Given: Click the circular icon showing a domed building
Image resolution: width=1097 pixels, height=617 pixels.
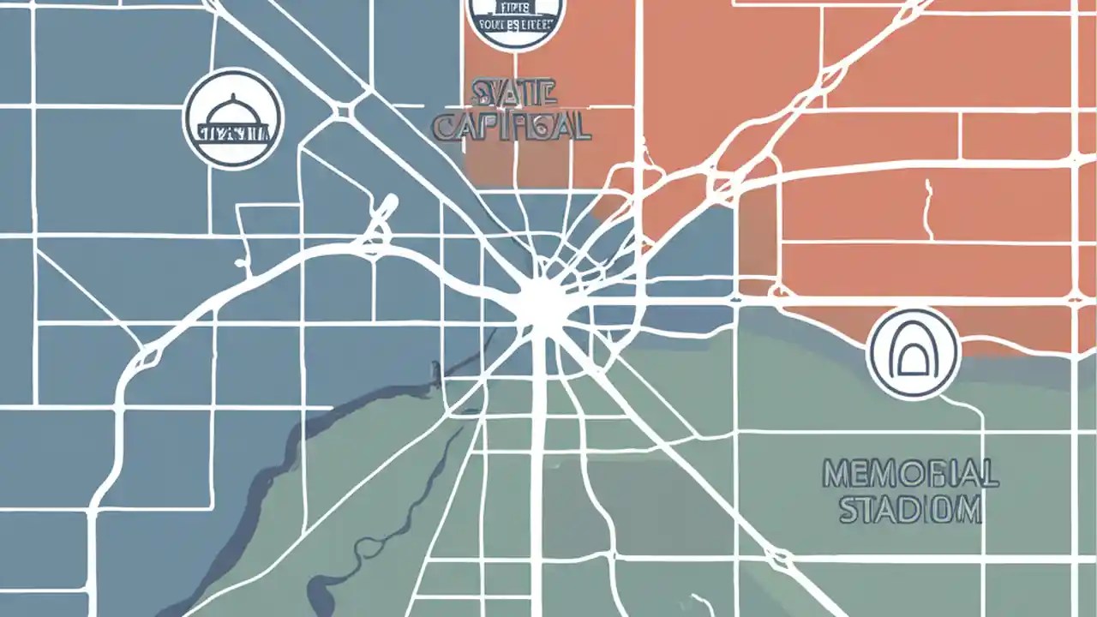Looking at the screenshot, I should coord(233,119).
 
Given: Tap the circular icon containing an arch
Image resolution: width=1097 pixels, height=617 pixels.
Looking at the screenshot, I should coord(913,352).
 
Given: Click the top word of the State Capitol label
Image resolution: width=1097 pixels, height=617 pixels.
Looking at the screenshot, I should coord(513,91).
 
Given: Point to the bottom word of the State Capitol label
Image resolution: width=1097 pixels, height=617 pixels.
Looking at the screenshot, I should coord(512,126).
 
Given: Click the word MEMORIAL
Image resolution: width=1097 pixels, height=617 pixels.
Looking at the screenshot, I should coord(909,474).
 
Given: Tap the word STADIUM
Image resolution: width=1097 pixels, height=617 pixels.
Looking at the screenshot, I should coord(909,510).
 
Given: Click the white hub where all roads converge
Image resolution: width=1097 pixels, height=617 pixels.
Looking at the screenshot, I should coord(542,302).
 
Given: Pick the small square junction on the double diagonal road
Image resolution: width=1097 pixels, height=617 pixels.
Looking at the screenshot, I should coord(345,111).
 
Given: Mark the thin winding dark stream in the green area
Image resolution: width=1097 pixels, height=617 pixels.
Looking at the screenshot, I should coord(360,548).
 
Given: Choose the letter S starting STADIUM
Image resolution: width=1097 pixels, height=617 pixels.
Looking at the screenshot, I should coord(848,510).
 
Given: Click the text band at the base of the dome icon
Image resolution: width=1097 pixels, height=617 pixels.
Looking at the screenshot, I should coord(233,133).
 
